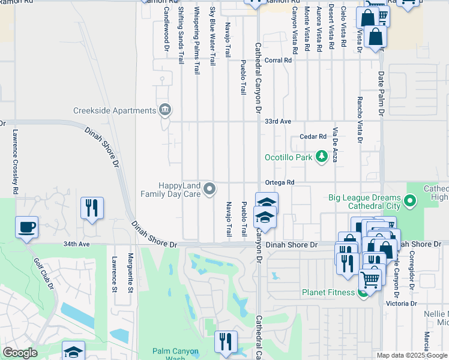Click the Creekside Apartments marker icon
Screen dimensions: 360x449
[164, 110]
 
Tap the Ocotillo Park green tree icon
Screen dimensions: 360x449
[322, 157]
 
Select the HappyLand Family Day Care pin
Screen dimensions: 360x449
[209, 189]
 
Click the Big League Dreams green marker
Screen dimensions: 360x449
[410, 200]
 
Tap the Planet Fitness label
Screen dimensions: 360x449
[329, 293]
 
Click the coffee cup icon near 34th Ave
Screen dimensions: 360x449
[27, 228]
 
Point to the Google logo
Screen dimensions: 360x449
[20, 353]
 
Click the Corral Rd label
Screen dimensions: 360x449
[278, 60]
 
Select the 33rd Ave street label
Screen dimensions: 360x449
[278, 121]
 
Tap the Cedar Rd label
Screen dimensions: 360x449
[313, 136]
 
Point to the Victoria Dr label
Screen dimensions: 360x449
[402, 304]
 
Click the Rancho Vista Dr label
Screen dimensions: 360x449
[360, 120]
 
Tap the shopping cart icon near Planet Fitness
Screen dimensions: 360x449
[370, 278]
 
